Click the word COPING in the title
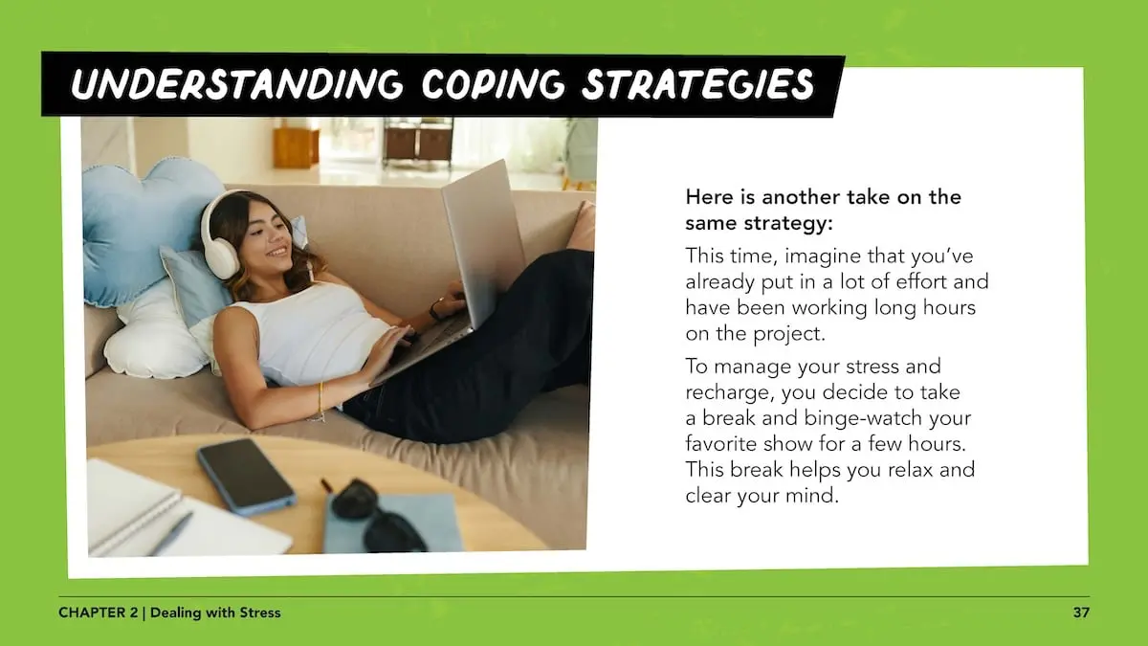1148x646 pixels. click(x=493, y=84)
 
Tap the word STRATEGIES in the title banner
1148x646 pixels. click(x=698, y=85)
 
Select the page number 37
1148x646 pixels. click(x=1081, y=613)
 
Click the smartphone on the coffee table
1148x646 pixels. click(x=247, y=477)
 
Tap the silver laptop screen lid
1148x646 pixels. click(x=483, y=241)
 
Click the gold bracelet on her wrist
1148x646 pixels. click(x=320, y=401)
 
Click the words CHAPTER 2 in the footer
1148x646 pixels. click(x=99, y=613)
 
